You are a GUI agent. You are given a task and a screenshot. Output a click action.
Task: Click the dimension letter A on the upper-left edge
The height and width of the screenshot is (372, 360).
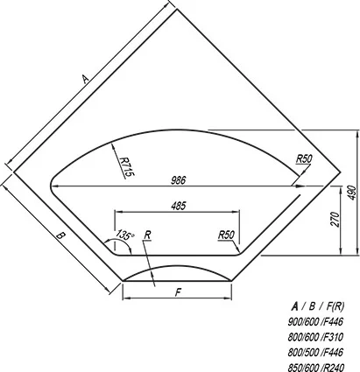point(85,79)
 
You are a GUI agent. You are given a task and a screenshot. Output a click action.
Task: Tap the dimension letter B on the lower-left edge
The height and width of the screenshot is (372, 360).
point(60,235)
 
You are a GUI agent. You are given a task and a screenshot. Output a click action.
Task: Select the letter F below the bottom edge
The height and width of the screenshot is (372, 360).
point(179,292)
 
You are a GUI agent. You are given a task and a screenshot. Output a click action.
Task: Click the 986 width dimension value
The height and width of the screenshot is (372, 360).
point(178,180)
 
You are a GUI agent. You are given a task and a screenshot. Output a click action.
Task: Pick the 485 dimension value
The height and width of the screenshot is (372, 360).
point(178,206)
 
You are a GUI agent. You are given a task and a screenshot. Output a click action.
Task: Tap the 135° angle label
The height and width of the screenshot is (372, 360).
point(125,235)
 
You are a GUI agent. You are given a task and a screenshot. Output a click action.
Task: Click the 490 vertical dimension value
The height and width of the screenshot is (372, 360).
point(352,193)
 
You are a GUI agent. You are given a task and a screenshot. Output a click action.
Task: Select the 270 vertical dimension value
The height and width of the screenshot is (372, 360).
point(335,220)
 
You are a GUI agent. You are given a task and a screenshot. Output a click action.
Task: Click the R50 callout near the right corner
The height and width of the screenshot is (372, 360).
point(304,159)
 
